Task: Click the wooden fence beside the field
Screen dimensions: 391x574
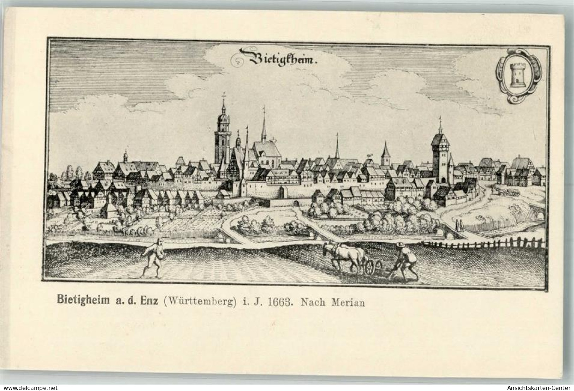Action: click(484, 243)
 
